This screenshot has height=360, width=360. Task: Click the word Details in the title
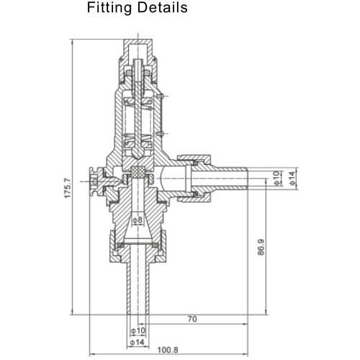point(163,9)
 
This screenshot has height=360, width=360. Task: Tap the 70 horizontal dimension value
point(192,318)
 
